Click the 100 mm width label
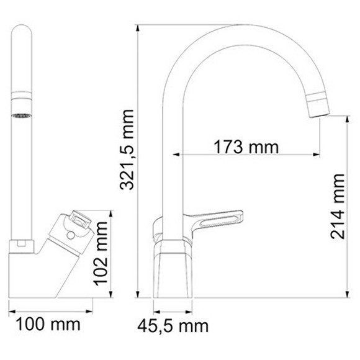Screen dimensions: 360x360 tap(48, 323)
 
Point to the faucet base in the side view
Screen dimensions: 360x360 tap(174, 267)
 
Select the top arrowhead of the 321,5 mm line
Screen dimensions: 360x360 tap(138, 28)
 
